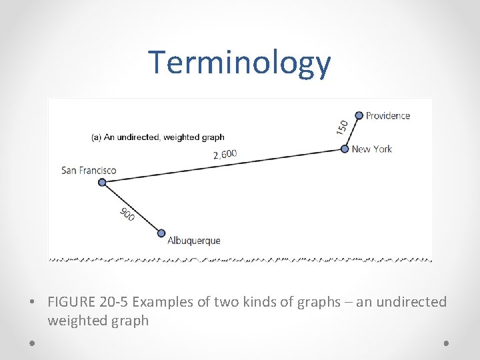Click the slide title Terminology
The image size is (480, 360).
[239, 63]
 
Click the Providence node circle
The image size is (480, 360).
[359, 115]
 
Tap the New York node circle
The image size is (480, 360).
[345, 149]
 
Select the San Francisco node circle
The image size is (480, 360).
[102, 182]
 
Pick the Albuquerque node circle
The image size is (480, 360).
[161, 233]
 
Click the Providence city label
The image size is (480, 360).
[388, 115]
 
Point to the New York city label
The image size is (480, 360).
[371, 149]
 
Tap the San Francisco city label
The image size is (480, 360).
[89, 170]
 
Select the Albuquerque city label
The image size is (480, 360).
[193, 240]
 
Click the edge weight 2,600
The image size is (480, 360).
[225, 155]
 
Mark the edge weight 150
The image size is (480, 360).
[342, 127]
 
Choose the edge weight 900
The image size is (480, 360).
[127, 215]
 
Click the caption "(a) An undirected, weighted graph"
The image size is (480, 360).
[157, 137]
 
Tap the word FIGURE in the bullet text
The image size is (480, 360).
[71, 302]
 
